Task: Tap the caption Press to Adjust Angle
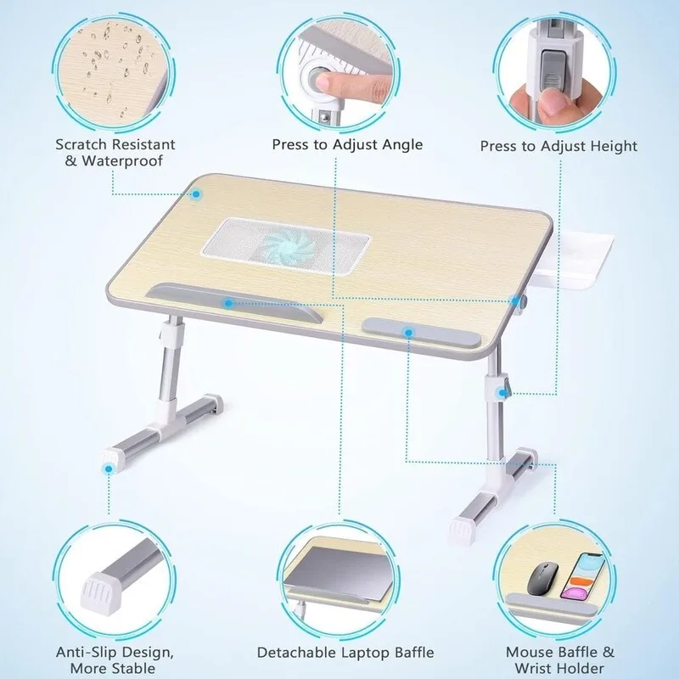click(347, 144)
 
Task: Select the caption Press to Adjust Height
click(558, 146)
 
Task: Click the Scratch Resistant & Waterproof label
click(115, 153)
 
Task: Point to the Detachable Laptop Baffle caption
click(345, 653)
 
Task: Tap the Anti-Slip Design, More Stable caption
click(115, 659)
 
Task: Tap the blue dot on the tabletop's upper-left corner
click(196, 194)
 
